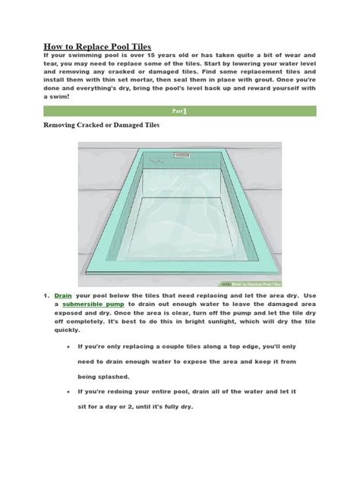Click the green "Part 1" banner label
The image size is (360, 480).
point(179,111)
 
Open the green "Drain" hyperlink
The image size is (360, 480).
point(64,293)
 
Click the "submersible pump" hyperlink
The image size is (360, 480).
point(99,303)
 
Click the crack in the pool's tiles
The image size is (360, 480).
point(158,161)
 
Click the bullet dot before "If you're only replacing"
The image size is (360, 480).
point(69,346)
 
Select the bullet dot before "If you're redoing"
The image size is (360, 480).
point(69,392)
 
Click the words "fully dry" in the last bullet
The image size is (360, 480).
point(175,407)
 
